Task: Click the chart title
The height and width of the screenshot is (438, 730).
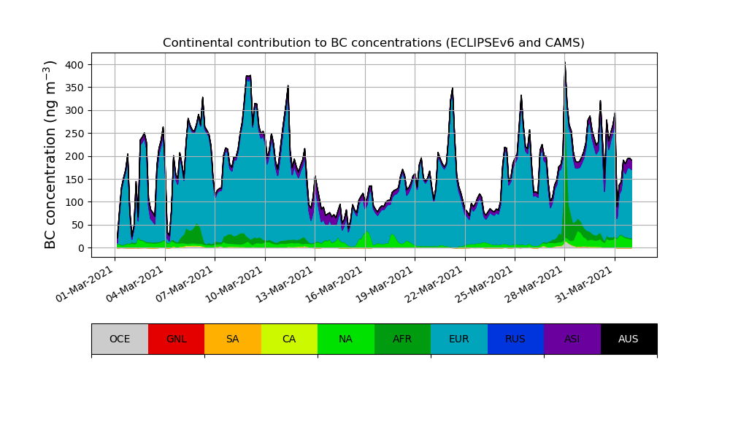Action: click(373, 43)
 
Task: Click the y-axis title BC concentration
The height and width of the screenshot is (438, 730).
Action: click(50, 155)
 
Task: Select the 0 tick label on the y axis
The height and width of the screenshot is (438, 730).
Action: click(81, 248)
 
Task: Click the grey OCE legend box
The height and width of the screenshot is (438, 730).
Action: click(120, 339)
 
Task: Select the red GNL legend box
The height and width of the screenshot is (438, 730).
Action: click(176, 339)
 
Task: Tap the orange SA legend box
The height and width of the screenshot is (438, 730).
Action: click(233, 339)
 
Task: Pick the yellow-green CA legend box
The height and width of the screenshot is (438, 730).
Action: click(289, 339)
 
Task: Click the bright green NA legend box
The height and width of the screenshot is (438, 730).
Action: click(346, 339)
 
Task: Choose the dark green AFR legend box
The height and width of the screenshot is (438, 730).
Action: click(402, 339)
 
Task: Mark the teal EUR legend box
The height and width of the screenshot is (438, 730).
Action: click(459, 339)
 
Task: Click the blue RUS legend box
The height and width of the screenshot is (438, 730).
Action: click(515, 339)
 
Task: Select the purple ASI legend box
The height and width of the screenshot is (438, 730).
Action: click(572, 339)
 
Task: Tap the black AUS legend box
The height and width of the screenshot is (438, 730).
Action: click(629, 339)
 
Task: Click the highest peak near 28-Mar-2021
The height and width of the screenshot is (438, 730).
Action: click(565, 64)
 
